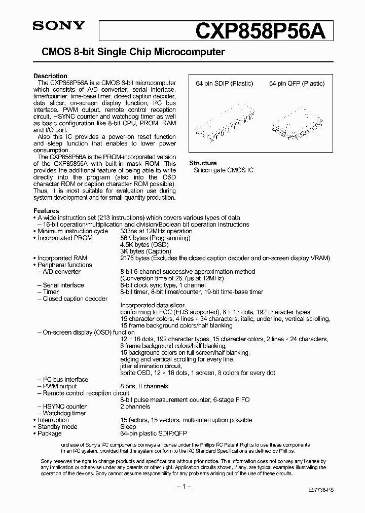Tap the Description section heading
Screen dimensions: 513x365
pyautogui.click(x=50, y=76)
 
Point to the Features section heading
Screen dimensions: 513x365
pyautogui.click(x=46, y=211)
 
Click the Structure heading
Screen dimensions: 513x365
pyautogui.click(x=203, y=163)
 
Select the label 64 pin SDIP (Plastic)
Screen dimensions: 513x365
pyautogui.click(x=224, y=84)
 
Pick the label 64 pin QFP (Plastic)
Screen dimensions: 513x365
pyautogui.click(x=297, y=84)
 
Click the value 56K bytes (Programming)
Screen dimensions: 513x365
pyautogui.click(x=155, y=238)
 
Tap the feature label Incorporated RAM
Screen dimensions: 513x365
pyautogui.click(x=62, y=258)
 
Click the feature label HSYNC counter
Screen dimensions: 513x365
pyautogui.click(x=64, y=407)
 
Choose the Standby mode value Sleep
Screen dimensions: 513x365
pyautogui.click(x=128, y=427)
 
